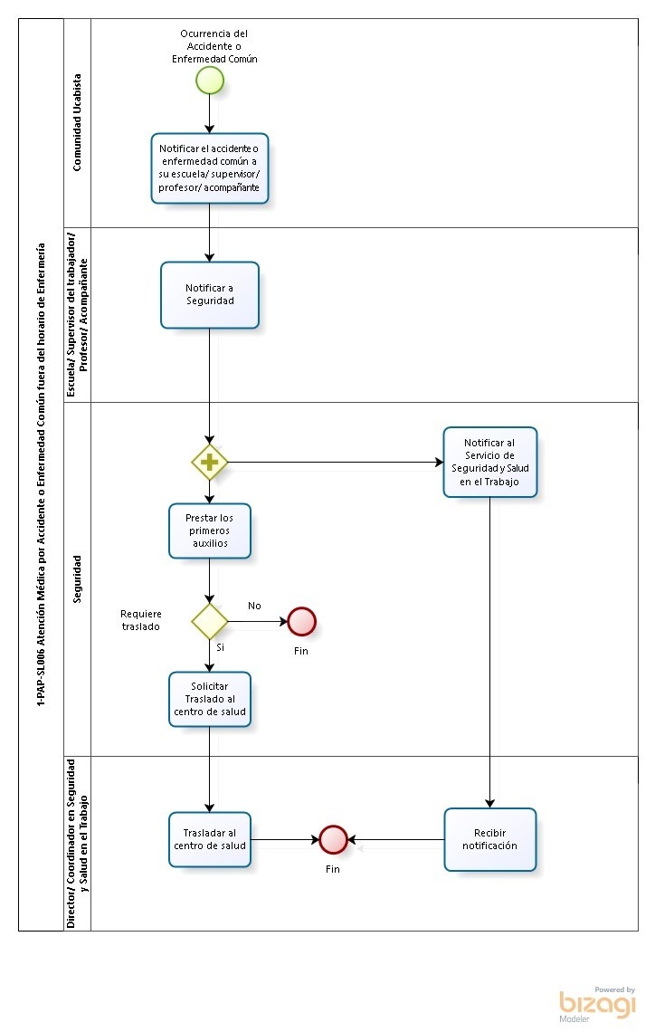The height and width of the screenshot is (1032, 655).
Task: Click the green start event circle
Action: [210, 81]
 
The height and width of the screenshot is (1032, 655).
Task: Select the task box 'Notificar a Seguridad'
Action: [210, 295]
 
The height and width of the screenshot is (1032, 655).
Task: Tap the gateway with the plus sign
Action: [210, 462]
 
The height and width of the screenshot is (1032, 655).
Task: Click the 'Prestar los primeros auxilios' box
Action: [210, 531]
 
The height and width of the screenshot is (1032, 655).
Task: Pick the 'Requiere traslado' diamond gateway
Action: [210, 621]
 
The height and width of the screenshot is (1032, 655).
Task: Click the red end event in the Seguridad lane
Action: [302, 621]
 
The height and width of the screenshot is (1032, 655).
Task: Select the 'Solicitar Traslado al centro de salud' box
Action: [210, 699]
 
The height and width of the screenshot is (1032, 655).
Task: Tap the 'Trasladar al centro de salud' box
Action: [210, 839]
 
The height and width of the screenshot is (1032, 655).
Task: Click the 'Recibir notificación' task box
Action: [490, 839]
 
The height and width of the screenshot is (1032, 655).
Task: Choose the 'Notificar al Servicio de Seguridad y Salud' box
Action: [490, 462]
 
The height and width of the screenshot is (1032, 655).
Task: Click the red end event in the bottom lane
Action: [334, 840]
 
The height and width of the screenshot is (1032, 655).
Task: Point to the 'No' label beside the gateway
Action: [254, 606]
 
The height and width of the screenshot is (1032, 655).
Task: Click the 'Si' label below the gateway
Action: [221, 647]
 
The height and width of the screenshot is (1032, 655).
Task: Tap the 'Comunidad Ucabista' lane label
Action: [77, 122]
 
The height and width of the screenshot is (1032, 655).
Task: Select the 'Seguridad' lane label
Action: [77, 579]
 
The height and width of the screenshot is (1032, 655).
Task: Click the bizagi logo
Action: [597, 1004]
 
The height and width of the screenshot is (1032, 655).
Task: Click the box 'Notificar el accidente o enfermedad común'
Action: [210, 168]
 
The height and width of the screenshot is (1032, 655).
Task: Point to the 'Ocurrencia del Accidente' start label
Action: [214, 46]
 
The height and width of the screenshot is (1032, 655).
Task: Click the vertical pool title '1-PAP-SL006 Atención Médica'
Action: [41, 474]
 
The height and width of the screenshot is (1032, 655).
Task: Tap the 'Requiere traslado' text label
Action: [141, 620]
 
